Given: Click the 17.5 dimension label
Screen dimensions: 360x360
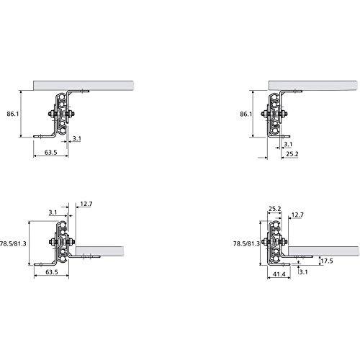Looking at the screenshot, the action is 326,261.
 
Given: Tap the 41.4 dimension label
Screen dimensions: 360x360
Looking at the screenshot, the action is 279,274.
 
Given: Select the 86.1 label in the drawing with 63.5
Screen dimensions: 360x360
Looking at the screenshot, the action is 13,114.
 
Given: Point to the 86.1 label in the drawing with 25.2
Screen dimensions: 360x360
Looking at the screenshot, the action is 246,114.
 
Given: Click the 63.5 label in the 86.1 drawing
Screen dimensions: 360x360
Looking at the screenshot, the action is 51,152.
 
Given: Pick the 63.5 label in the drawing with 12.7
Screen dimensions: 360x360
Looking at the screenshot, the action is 52,272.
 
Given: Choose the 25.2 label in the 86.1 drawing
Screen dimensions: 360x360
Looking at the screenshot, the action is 292,153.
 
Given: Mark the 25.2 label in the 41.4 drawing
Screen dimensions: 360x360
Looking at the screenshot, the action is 274,209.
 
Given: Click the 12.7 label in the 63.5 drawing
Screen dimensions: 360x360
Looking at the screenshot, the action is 86,204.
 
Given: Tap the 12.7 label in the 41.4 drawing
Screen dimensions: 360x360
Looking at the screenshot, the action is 297,215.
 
